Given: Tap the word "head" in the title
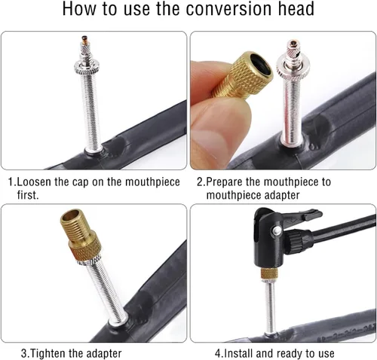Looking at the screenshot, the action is [293, 8].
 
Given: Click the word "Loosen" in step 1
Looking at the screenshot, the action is [34, 182].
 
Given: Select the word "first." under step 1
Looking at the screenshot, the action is [28, 195].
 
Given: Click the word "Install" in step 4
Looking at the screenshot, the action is [238, 353].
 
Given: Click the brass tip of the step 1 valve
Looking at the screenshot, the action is [84, 40].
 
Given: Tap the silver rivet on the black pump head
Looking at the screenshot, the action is [275, 230].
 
